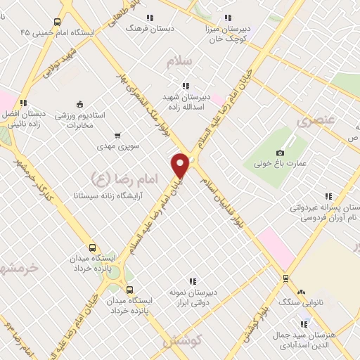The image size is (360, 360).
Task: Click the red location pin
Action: (x=180, y=165)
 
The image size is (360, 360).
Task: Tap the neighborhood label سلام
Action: (x=179, y=62)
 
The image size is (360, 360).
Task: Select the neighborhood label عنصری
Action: (x=312, y=121)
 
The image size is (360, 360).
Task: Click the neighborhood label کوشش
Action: (x=182, y=340)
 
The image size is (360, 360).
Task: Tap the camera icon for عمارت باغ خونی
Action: (x=281, y=153)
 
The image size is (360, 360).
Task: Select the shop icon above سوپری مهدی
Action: (x=117, y=136)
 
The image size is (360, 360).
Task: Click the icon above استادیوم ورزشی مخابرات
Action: (x=79, y=104)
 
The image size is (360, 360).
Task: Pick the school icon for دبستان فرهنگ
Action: (x=148, y=18)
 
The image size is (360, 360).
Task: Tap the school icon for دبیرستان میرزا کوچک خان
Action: (x=227, y=18)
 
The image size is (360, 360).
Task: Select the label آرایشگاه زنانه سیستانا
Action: (x=113, y=193)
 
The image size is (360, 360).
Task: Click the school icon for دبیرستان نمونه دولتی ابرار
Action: (x=193, y=281)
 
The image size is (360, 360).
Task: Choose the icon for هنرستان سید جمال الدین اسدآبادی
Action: (x=304, y=324)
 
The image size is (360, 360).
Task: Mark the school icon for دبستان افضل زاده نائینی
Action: (x=23, y=103)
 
